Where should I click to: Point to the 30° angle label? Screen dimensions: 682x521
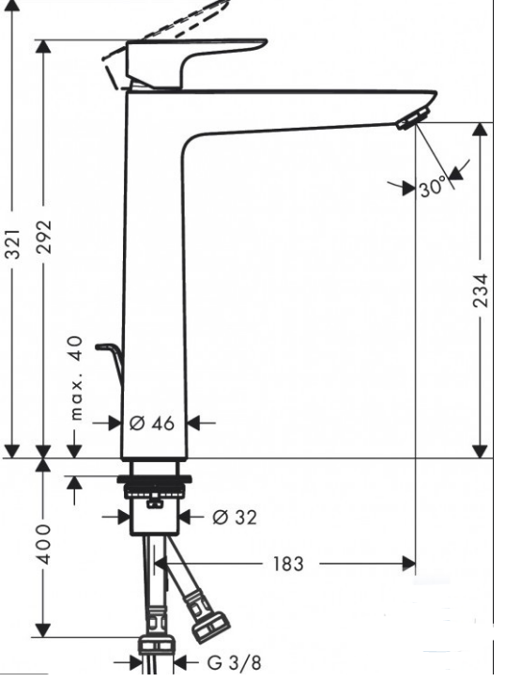coord(433,188)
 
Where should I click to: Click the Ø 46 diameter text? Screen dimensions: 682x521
coord(152,424)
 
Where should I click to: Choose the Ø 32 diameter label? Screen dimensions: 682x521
coord(233,517)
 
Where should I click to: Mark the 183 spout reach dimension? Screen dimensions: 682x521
coord(288,564)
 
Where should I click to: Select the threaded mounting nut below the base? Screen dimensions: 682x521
coord(154,488)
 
